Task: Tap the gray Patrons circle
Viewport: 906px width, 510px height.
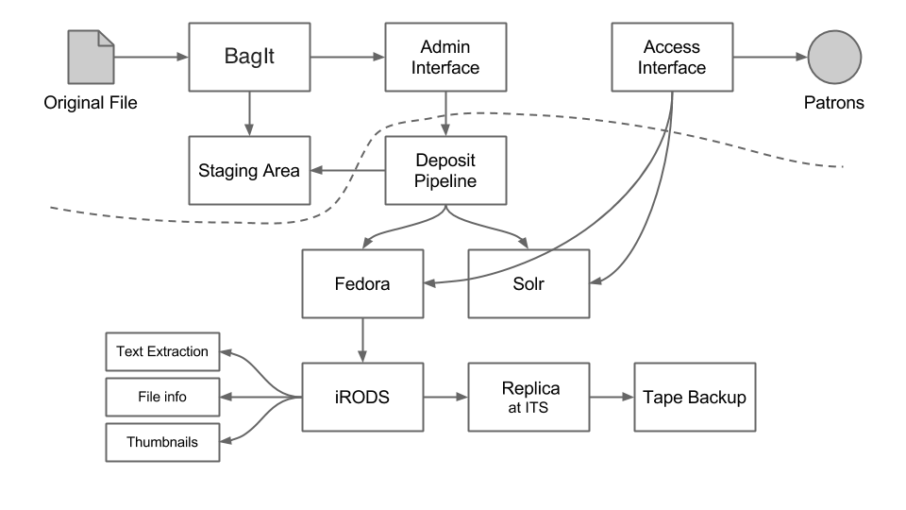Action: pos(833,57)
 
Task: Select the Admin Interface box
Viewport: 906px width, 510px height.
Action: pos(445,57)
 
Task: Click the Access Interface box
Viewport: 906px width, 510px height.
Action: pos(672,57)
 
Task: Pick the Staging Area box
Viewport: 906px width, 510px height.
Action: pos(249,171)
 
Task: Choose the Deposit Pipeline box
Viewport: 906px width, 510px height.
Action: pos(445,171)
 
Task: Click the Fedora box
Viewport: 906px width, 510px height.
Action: pos(362,283)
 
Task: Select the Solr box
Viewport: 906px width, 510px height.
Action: pos(528,283)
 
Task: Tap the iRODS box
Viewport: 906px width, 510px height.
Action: pos(362,398)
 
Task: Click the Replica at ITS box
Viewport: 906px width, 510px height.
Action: pos(528,398)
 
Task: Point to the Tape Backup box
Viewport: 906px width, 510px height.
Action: pos(695,398)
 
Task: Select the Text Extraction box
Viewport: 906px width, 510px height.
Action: pos(162,351)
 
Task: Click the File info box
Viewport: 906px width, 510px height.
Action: pos(162,397)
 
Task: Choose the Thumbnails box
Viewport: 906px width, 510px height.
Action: pos(162,442)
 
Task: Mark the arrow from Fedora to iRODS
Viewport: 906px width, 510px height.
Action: pos(362,340)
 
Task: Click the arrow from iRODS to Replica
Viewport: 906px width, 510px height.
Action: pos(445,398)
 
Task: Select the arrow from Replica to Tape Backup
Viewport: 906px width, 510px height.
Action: pos(612,398)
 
